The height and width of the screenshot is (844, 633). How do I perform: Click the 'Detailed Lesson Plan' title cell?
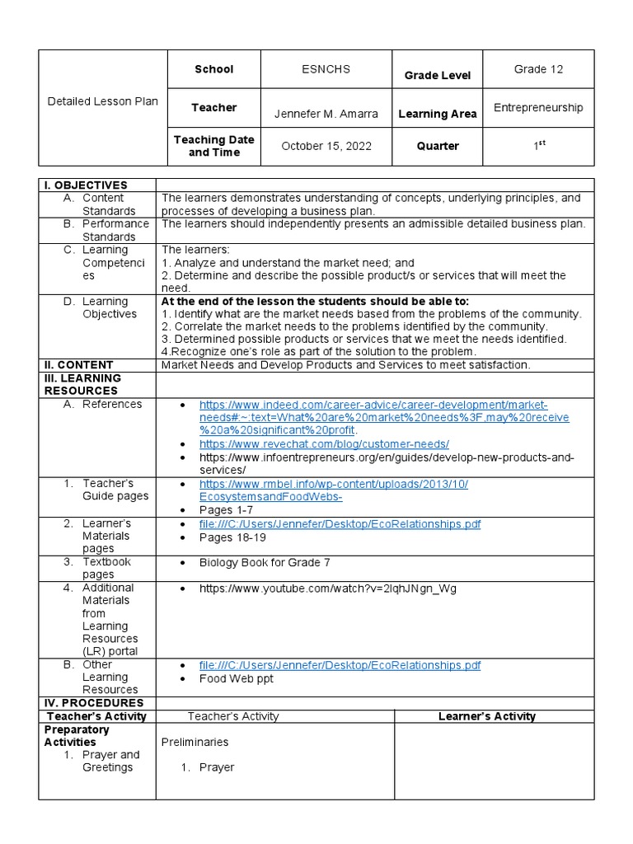pos(102,101)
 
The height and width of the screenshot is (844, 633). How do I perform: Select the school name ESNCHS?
pos(326,69)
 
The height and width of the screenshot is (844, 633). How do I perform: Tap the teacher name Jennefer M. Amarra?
pos(326,113)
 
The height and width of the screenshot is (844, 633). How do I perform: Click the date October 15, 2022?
pos(326,146)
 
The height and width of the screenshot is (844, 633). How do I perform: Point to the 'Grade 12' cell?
pos(538,69)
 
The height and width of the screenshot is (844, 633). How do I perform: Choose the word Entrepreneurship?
pos(538,107)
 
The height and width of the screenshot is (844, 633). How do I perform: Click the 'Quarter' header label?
pos(437,146)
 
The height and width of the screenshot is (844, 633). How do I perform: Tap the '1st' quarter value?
pos(538,146)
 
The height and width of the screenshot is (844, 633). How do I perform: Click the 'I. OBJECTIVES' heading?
pos(86,185)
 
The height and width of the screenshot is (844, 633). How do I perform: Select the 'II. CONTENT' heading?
pos(78,364)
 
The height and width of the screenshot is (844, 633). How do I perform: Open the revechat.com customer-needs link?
pos(324,443)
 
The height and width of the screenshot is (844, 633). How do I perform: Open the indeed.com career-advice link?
pos(373,405)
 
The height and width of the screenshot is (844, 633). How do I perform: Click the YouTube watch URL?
pos(327,588)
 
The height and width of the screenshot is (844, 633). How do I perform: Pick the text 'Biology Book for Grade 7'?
pos(265,562)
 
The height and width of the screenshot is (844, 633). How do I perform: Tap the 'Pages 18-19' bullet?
pos(232,537)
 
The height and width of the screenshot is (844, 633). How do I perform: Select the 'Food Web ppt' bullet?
pos(236,678)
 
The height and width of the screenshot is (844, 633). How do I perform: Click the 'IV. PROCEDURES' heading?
pos(94,703)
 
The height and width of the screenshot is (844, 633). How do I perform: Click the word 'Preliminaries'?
pos(195,742)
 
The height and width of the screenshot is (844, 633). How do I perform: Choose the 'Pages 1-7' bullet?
pos(226,509)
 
